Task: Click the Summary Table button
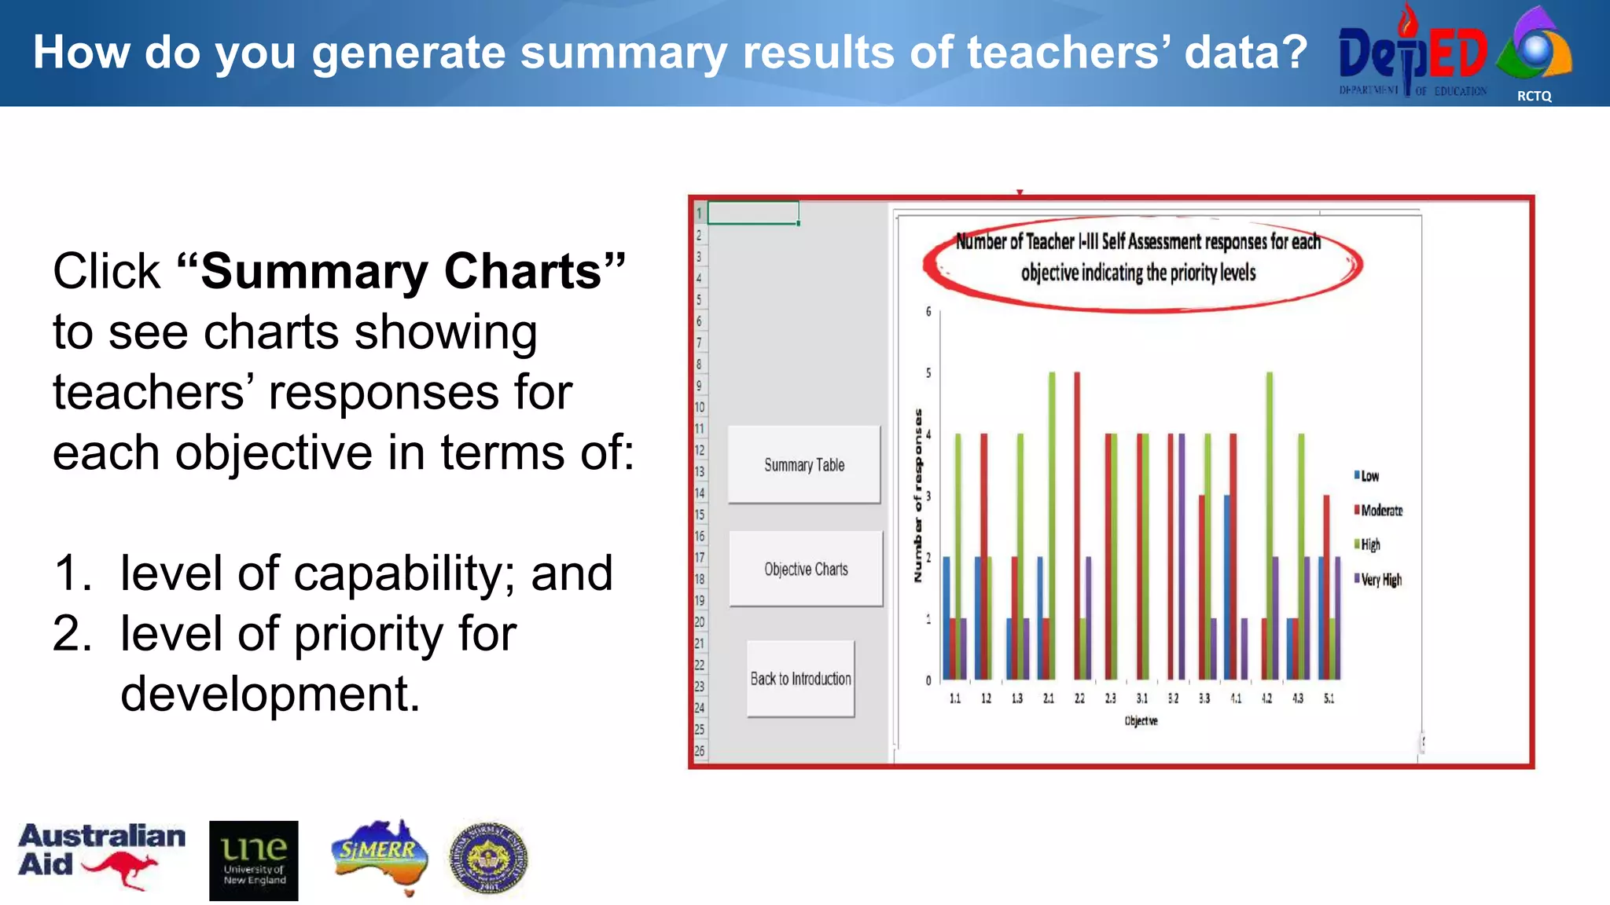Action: coord(803,464)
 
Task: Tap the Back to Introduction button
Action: coord(800,679)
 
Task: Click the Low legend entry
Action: coord(1367,476)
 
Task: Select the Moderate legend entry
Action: coord(1379,511)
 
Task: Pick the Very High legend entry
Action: coord(1379,580)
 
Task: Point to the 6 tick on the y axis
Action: coord(928,312)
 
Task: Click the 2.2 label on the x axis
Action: coord(1079,698)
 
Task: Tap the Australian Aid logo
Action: coord(101,856)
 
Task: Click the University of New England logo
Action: coord(253,860)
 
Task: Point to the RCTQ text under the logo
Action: coord(1534,96)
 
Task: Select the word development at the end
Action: coord(270,694)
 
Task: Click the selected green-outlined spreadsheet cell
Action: coord(753,213)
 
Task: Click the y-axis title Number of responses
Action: coord(917,496)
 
